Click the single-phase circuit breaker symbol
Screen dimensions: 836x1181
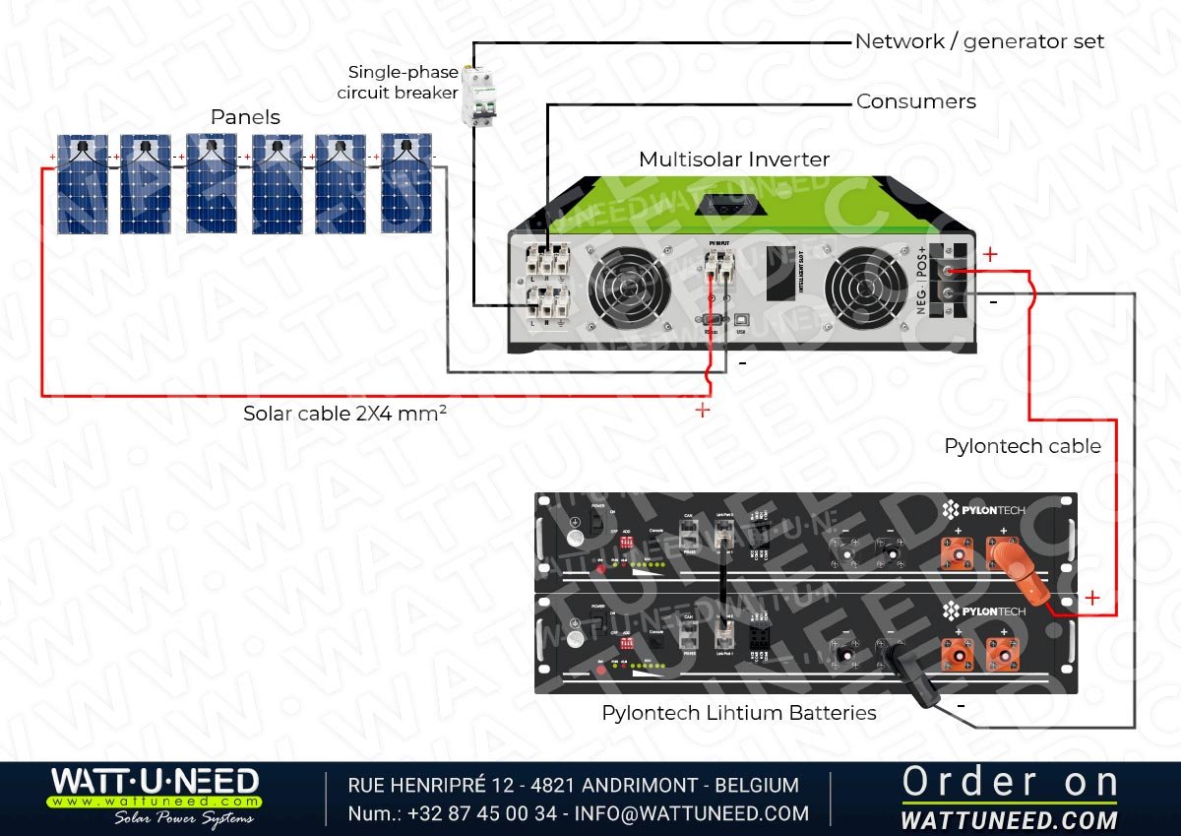click(x=479, y=96)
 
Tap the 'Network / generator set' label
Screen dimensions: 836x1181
click(x=979, y=41)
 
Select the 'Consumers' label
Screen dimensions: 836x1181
click(x=915, y=101)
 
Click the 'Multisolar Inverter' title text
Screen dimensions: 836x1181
click(x=733, y=160)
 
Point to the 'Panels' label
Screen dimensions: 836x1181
click(x=245, y=117)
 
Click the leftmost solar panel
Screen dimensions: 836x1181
click(x=82, y=184)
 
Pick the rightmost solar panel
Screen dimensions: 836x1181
click(x=405, y=183)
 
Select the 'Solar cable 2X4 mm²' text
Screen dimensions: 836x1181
click(x=345, y=414)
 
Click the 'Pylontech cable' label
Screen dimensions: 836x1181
click(x=1023, y=446)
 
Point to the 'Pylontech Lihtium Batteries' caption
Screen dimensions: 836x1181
click(x=739, y=712)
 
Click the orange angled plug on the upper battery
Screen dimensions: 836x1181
click(x=1022, y=580)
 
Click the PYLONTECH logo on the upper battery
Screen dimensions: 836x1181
click(x=984, y=510)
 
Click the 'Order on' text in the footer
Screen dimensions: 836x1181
click(x=1010, y=782)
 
